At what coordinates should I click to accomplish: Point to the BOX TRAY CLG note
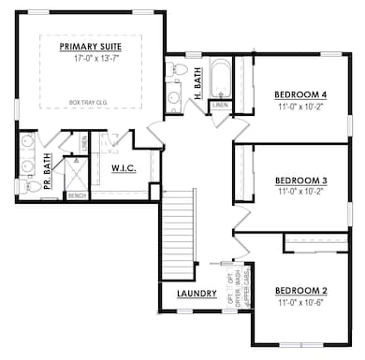click(89, 101)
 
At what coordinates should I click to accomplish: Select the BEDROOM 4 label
click(299, 95)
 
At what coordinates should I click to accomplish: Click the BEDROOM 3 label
click(299, 180)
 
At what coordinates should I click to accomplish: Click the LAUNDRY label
click(196, 295)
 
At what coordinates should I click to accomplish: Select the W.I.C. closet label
click(125, 169)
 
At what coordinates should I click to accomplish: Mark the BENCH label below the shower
click(75, 195)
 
